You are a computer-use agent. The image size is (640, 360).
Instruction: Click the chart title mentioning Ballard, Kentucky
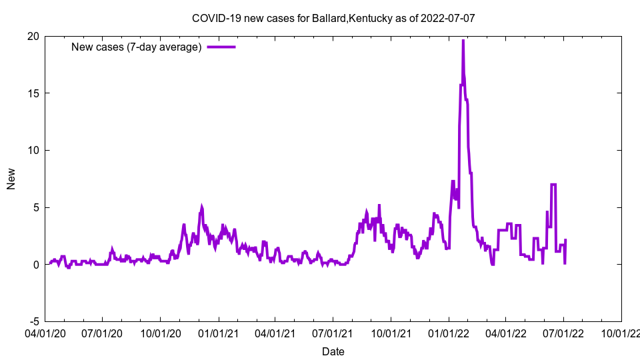pyautogui.click(x=333, y=18)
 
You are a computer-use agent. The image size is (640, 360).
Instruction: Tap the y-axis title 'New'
pyautogui.click(x=11, y=179)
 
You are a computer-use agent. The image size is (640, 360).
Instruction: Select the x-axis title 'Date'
pyautogui.click(x=333, y=351)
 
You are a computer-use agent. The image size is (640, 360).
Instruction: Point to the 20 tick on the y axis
pyautogui.click(x=33, y=36)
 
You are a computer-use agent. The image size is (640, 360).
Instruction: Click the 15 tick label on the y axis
pyautogui.click(x=33, y=93)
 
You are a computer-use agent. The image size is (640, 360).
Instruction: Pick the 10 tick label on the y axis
pyautogui.click(x=33, y=150)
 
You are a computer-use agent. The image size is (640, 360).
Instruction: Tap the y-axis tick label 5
pyautogui.click(x=35, y=207)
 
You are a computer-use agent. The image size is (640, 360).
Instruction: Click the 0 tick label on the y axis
pyautogui.click(x=35, y=264)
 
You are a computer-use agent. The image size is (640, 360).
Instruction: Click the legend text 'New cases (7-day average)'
pyautogui.click(x=136, y=47)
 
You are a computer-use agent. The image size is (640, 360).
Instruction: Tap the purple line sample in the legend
pyautogui.click(x=221, y=47)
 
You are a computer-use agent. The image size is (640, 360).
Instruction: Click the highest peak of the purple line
pyautogui.click(x=463, y=41)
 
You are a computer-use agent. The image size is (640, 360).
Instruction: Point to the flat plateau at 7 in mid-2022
pyautogui.click(x=553, y=185)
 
